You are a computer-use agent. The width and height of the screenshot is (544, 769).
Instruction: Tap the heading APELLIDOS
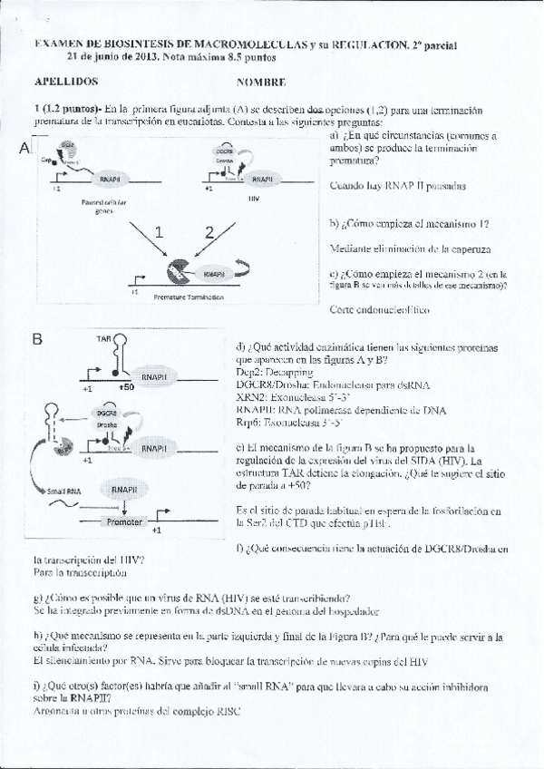coord(65,81)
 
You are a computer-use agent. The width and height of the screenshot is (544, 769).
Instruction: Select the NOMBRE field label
coord(261,82)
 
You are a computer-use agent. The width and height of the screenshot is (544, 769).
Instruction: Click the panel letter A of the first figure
coord(24,149)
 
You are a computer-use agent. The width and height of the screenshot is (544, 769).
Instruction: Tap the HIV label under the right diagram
coord(253,194)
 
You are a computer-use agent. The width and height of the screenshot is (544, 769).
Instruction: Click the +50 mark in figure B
coord(126,387)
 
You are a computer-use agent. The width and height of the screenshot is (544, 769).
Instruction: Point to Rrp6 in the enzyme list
coord(247,422)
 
